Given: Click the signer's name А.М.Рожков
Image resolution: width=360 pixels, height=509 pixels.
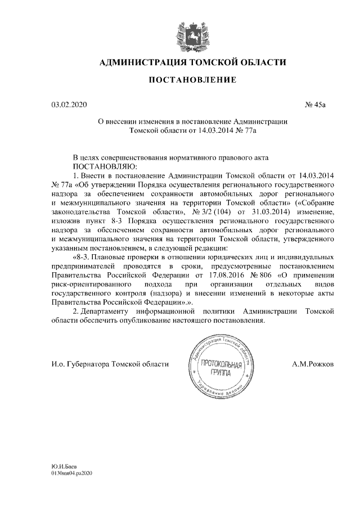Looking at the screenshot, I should (x=312, y=364).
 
